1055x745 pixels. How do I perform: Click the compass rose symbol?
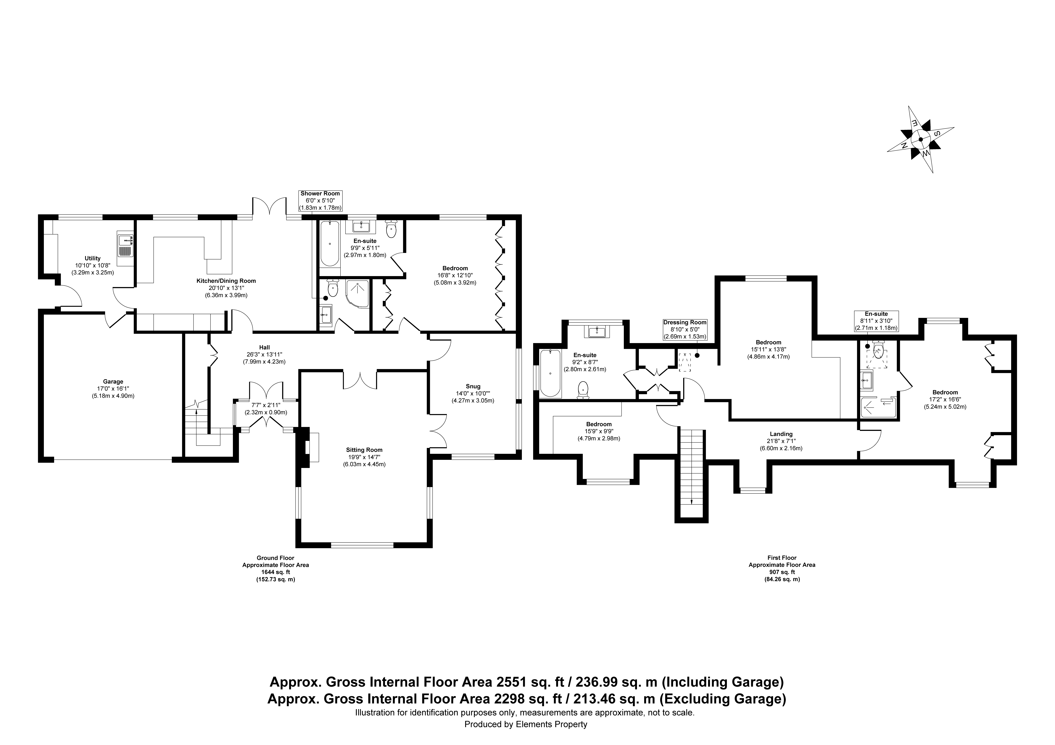920,139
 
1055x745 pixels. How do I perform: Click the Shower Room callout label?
320,193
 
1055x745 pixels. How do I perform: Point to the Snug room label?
473,386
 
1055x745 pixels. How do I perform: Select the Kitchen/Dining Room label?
226,281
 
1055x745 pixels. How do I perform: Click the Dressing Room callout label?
685,322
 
